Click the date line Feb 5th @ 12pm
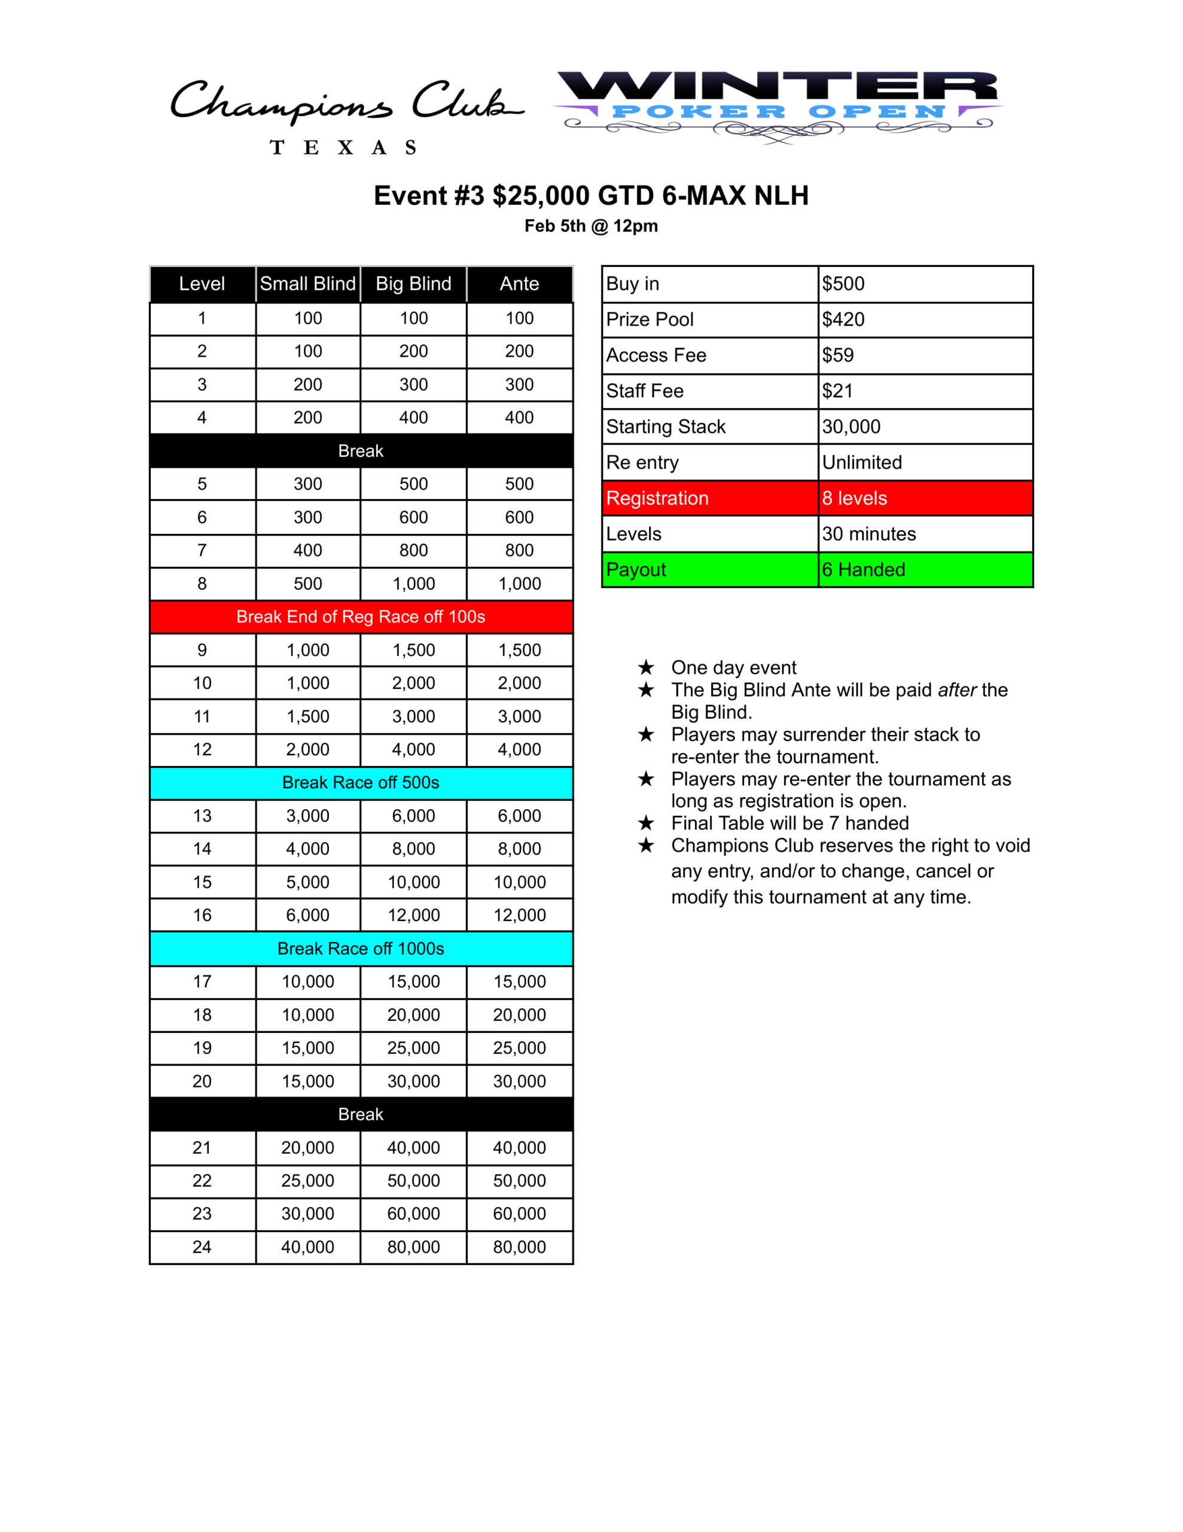[590, 226]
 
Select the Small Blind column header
[308, 284]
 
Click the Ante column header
[519, 284]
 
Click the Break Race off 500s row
[361, 783]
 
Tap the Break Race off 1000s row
[361, 949]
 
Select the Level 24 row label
[202, 1247]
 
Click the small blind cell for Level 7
[308, 551]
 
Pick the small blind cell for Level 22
[308, 1181]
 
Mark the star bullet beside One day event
[646, 667]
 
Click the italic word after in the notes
[957, 690]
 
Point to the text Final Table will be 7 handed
[789, 823]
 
